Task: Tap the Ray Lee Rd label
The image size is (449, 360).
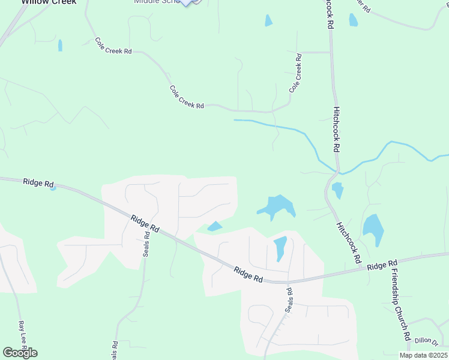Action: [x=22, y=335]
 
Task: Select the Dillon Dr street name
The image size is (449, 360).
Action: [x=427, y=341]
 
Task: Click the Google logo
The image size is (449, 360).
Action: [x=20, y=353]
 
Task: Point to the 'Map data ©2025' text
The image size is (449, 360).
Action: [x=424, y=355]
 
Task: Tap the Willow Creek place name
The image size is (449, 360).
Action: [x=49, y=2]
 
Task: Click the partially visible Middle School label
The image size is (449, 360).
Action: [x=157, y=2]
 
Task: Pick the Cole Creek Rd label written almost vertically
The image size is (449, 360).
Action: [x=295, y=73]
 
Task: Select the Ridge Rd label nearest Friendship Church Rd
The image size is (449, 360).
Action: [x=382, y=265]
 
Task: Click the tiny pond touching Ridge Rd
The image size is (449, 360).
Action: [x=53, y=188]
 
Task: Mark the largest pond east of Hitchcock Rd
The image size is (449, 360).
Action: [x=373, y=229]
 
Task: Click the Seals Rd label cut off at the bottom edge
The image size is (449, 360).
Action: [x=114, y=350]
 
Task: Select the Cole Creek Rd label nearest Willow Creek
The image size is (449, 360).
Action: [x=113, y=46]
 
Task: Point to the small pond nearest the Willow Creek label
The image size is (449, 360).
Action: [x=60, y=45]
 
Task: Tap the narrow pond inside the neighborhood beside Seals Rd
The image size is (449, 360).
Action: [x=280, y=248]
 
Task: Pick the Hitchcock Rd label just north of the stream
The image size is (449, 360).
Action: [x=336, y=130]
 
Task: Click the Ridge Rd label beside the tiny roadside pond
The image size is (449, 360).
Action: [x=38, y=182]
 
